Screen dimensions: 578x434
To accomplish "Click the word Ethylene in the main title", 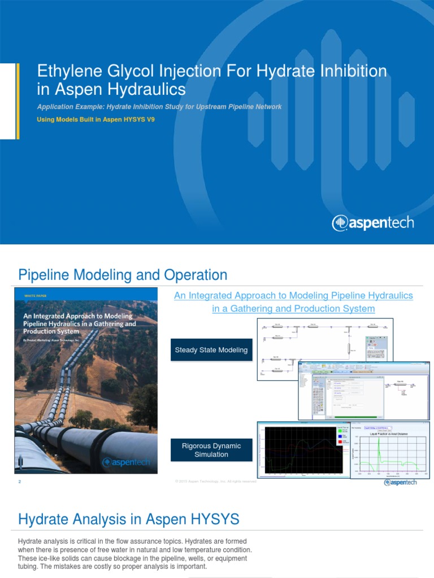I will pos(64,72).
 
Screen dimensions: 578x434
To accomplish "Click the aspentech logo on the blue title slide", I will pos(373,222).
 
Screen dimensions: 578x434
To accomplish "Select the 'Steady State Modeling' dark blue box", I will pos(211,350).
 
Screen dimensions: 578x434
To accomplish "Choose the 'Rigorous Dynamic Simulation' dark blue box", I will pos(211,450).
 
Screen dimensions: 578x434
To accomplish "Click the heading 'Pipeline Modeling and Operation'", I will pos(123,275).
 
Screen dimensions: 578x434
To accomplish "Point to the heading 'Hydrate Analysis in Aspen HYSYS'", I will pos(129,519).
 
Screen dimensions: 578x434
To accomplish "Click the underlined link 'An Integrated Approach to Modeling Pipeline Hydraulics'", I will pos(293,296).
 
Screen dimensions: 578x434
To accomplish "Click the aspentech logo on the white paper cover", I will pos(126,462).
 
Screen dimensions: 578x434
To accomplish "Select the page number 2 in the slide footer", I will pos(19,481).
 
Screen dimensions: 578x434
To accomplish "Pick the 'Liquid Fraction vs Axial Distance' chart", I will pos(390,450).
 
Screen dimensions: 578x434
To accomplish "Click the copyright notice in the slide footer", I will pos(215,481).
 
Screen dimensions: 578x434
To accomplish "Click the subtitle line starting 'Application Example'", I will pos(159,107).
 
